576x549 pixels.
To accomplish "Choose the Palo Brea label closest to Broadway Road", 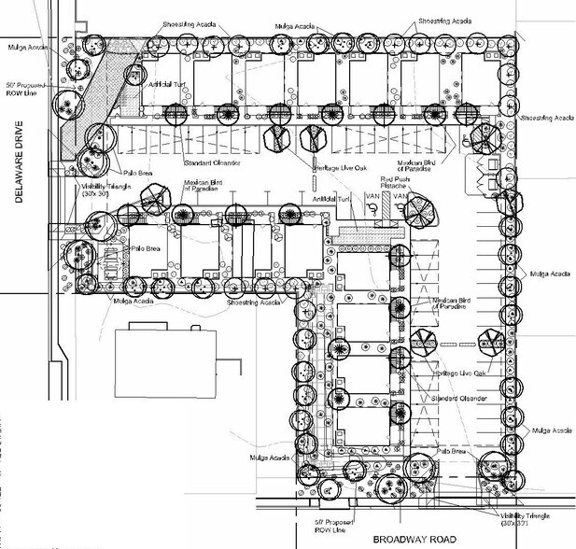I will tap(450, 451).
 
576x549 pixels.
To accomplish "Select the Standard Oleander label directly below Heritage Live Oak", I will tap(460, 399).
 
